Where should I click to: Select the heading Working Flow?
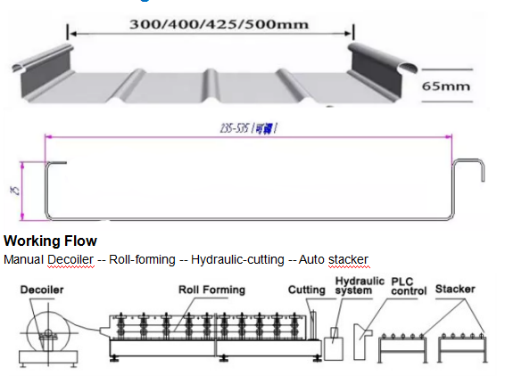[51, 241]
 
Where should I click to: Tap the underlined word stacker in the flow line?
[347, 259]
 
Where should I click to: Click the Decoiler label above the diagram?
[45, 290]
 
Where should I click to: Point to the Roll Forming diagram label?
[211, 290]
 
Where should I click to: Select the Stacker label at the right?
[455, 290]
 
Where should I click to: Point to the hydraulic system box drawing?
[334, 343]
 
